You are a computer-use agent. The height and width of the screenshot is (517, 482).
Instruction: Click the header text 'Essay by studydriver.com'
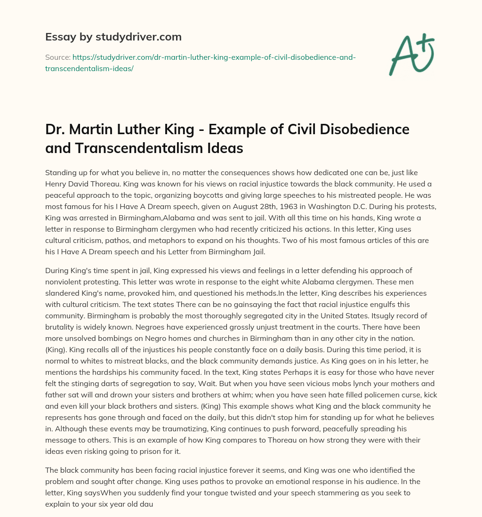pos(113,36)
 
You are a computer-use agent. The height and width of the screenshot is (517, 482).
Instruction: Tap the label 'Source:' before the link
pos(57,57)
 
